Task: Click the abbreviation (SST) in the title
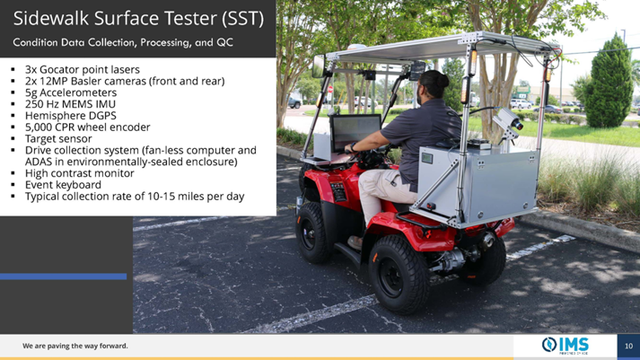pyautogui.click(x=243, y=19)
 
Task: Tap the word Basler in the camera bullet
pyautogui.click(x=85, y=81)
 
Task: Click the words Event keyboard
pyautogui.click(x=63, y=185)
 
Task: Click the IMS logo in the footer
pyautogui.click(x=565, y=346)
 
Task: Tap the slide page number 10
pyautogui.click(x=628, y=347)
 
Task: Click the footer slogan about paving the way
pyautogui.click(x=75, y=346)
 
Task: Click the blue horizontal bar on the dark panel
pyautogui.click(x=63, y=277)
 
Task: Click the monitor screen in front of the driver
pyautogui.click(x=355, y=133)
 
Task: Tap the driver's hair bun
pyautogui.click(x=439, y=79)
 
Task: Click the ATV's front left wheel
pyautogui.click(x=312, y=233)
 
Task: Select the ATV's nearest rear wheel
pyautogui.click(x=398, y=274)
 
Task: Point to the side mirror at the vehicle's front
pyautogui.click(x=319, y=66)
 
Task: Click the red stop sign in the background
pyautogui.click(x=330, y=90)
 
